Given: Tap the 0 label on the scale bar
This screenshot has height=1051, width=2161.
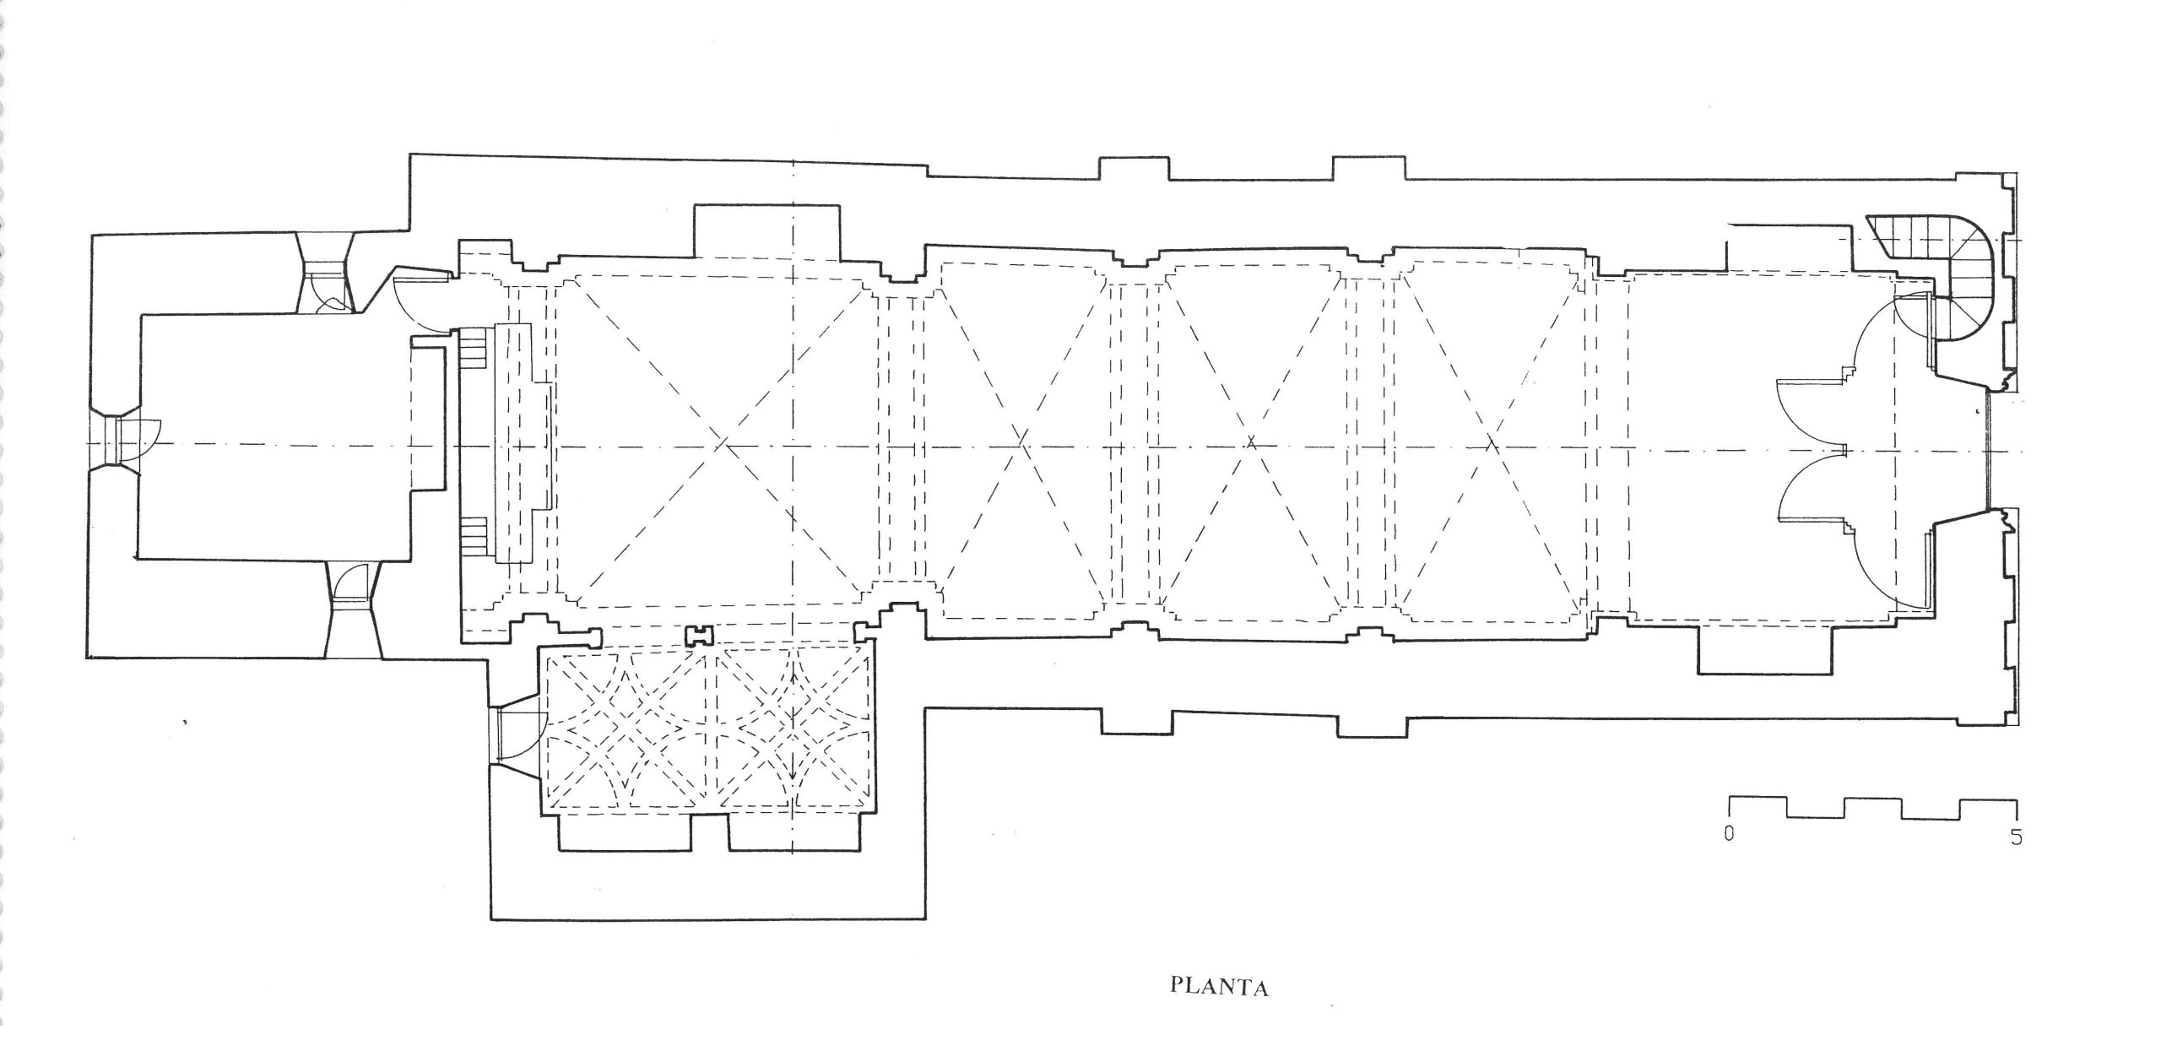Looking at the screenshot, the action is [x=1729, y=859].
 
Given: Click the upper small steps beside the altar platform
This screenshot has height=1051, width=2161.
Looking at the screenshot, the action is [x=475, y=346].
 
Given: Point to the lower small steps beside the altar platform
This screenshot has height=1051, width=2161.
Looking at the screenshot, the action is [x=475, y=536].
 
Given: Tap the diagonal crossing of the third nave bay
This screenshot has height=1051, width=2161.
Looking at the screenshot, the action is [x=1252, y=441].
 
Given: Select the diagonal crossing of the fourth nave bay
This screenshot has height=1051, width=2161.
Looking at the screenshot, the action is [x=1491, y=442].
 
